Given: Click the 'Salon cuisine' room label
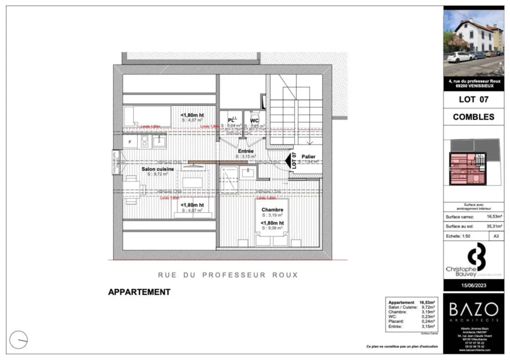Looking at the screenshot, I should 158,169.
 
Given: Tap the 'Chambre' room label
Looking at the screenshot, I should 272,210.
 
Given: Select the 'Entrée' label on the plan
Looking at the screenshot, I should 246,151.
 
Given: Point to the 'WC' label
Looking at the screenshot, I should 254,120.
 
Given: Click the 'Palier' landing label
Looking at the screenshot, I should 309,156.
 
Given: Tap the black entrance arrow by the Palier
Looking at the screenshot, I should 288,160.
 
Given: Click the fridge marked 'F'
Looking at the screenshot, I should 130,142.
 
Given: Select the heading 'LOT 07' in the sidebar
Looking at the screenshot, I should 473,99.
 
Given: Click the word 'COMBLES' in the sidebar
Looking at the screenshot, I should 473,117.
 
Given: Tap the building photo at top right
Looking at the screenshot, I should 473,43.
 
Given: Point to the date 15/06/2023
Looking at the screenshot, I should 473,284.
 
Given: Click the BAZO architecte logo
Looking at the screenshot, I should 473,311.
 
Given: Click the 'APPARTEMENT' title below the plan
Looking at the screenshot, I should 139,292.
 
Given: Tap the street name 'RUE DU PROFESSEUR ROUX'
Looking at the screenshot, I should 228,274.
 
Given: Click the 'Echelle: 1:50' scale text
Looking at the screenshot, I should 458,236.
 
